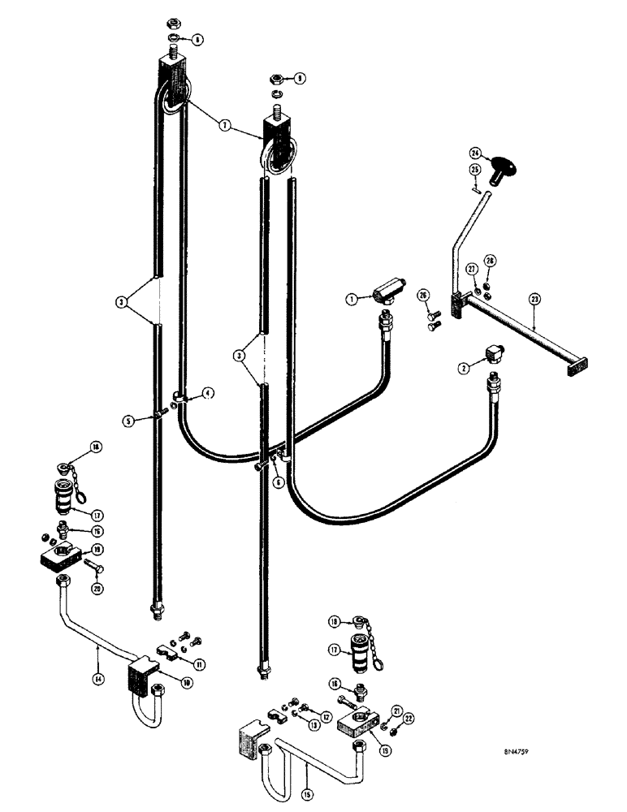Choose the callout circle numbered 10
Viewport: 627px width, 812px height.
point(187,685)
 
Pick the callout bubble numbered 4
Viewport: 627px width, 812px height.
point(209,393)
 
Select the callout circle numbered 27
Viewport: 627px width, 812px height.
point(470,270)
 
